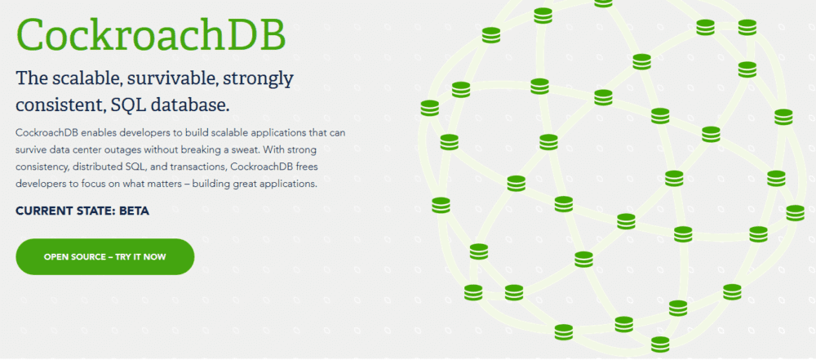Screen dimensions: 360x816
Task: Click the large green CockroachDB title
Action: click(x=151, y=34)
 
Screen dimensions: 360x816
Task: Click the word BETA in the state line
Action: click(x=134, y=211)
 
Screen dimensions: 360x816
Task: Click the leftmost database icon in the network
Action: click(x=429, y=108)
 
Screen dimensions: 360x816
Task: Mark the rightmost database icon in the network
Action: click(x=795, y=212)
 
